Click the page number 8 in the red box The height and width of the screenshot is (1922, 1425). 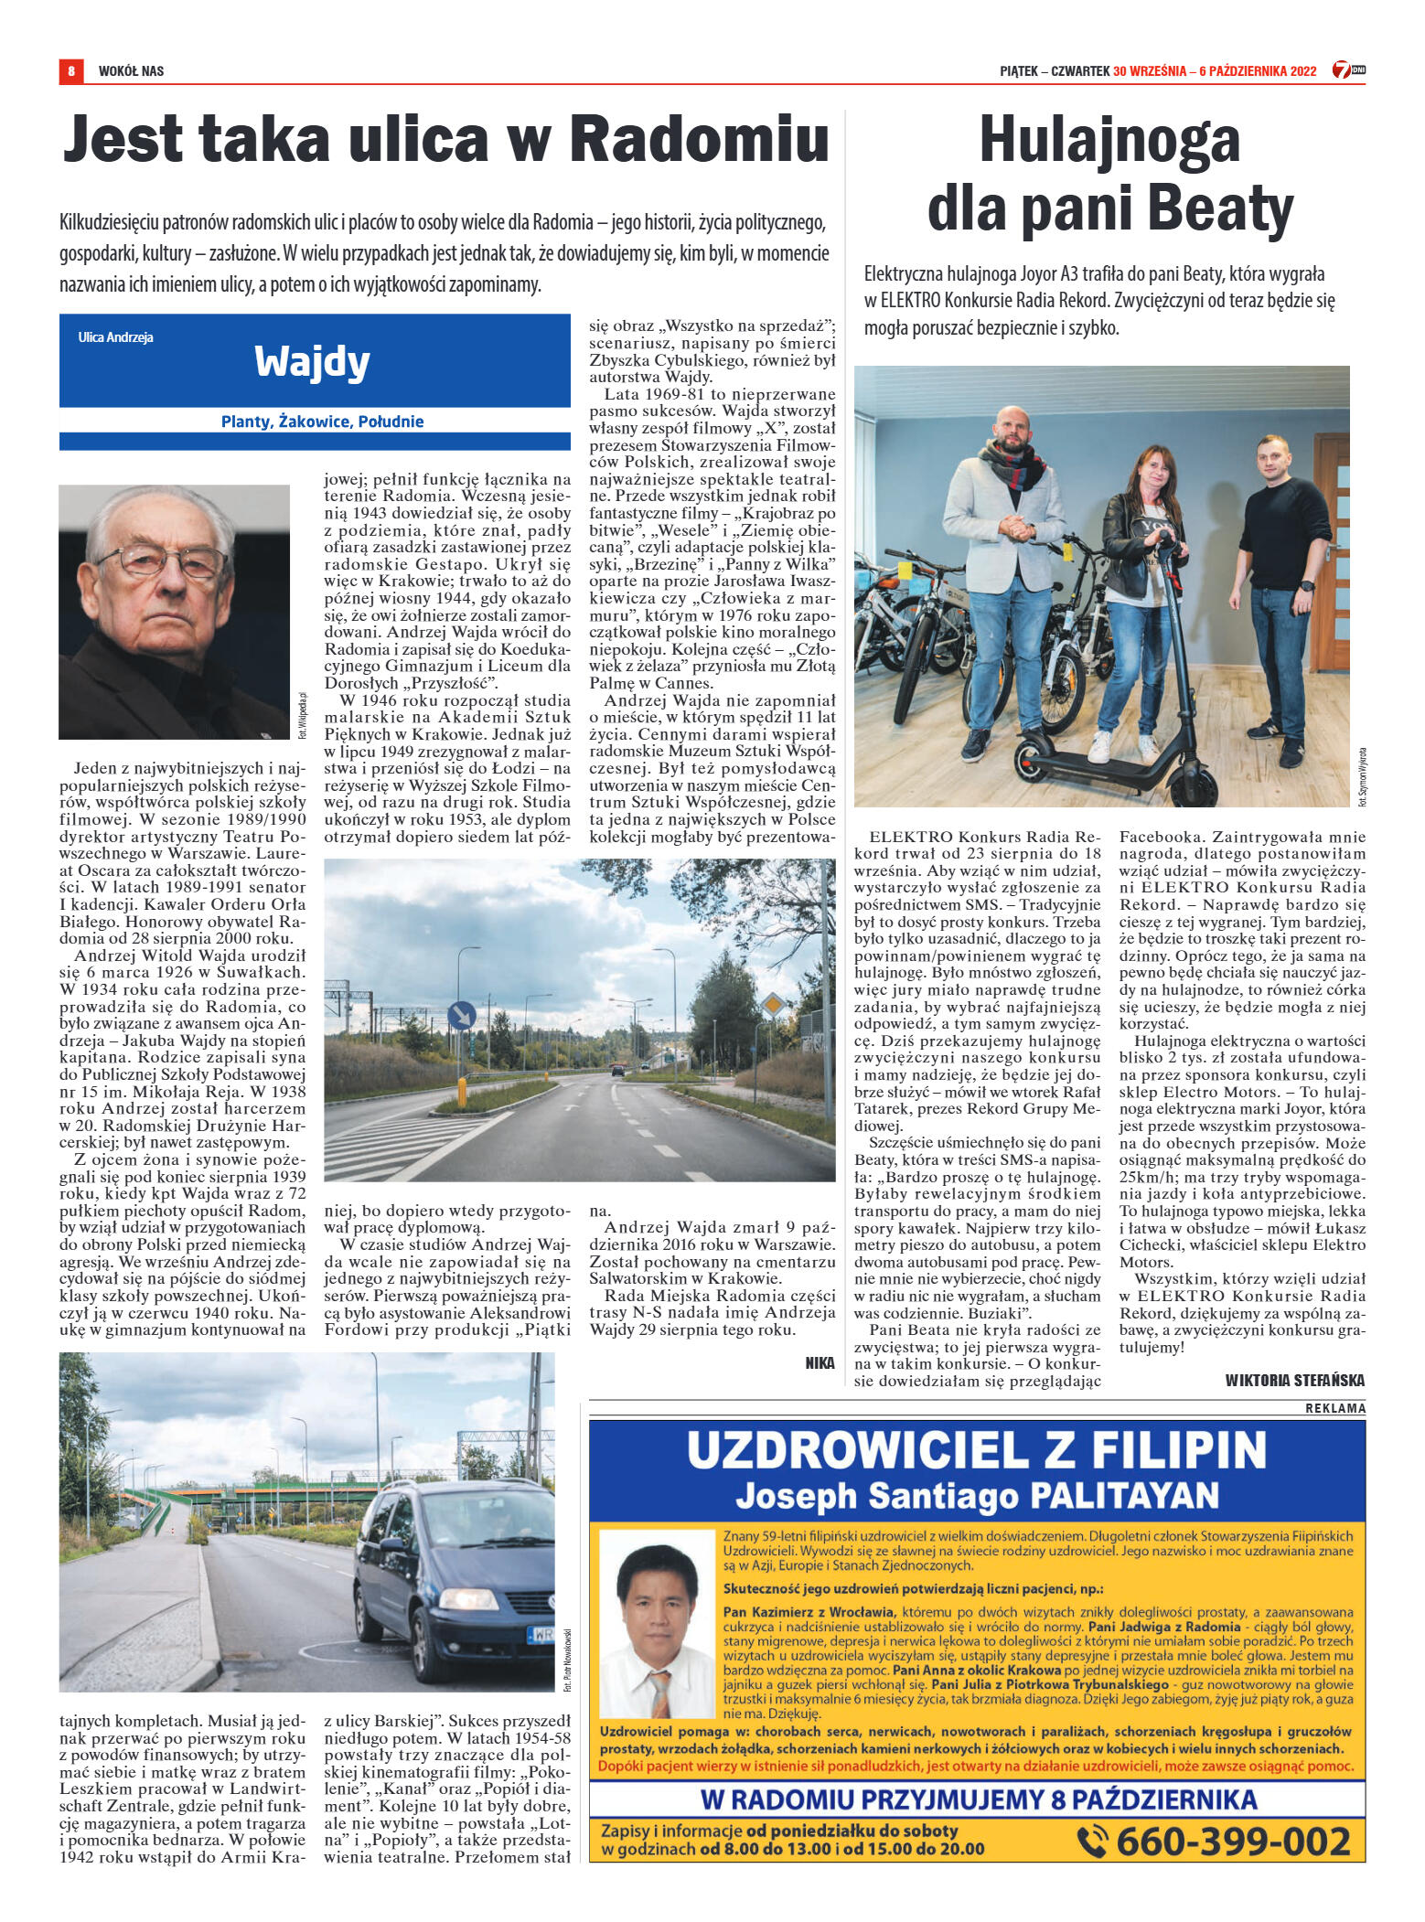click(70, 70)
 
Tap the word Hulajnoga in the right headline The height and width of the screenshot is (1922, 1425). click(1109, 142)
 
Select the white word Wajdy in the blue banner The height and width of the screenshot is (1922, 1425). click(312, 362)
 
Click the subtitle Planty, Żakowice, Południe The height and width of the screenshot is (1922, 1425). click(322, 422)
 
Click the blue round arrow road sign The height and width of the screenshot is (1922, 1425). click(462, 1014)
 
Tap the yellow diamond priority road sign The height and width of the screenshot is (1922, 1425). click(774, 1005)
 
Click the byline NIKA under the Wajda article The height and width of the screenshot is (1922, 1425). click(820, 1363)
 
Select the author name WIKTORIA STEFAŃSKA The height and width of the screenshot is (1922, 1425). click(1294, 1381)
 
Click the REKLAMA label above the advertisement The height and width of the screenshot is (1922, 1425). click(1334, 1408)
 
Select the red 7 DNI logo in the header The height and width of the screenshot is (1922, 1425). click(1347, 69)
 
